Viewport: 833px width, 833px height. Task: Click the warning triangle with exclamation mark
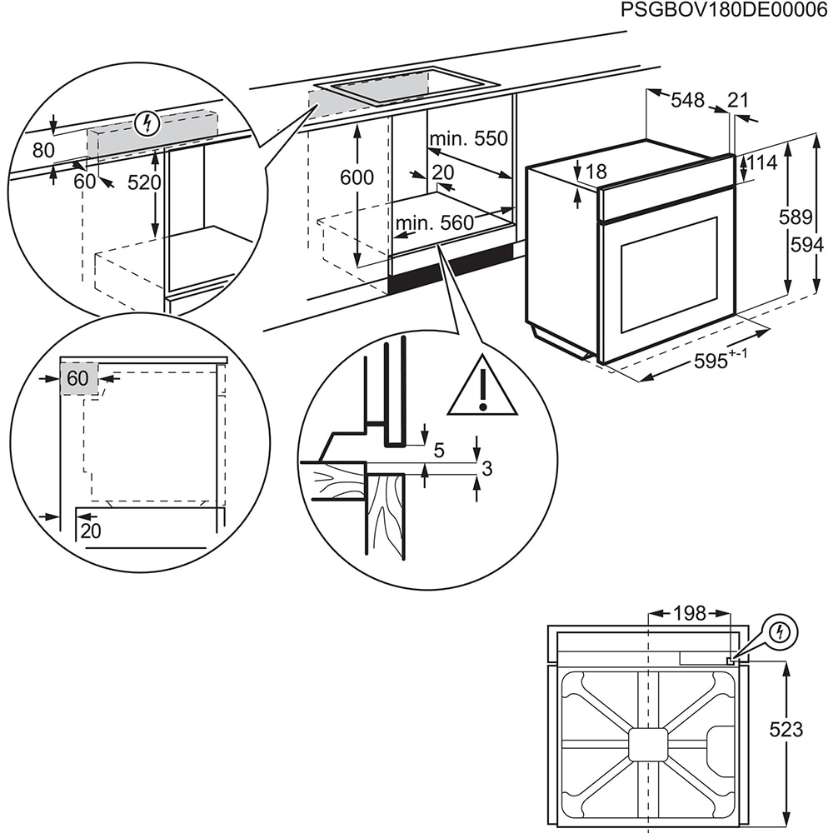[482, 387]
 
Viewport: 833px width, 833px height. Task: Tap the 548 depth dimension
[688, 100]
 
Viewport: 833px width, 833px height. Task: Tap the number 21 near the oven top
[738, 100]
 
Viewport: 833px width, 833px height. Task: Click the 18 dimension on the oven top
[596, 172]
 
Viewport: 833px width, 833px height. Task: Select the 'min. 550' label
[469, 138]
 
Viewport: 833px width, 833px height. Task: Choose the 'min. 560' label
[434, 222]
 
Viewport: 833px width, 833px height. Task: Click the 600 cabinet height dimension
[357, 177]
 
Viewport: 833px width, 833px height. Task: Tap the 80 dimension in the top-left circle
[43, 150]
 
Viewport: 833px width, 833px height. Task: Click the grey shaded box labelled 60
[78, 378]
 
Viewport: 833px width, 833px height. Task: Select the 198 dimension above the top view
[689, 614]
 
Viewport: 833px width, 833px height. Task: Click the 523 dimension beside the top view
[786, 730]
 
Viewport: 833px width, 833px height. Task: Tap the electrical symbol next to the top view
[780, 631]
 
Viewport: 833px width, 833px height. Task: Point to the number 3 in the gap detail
[487, 469]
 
